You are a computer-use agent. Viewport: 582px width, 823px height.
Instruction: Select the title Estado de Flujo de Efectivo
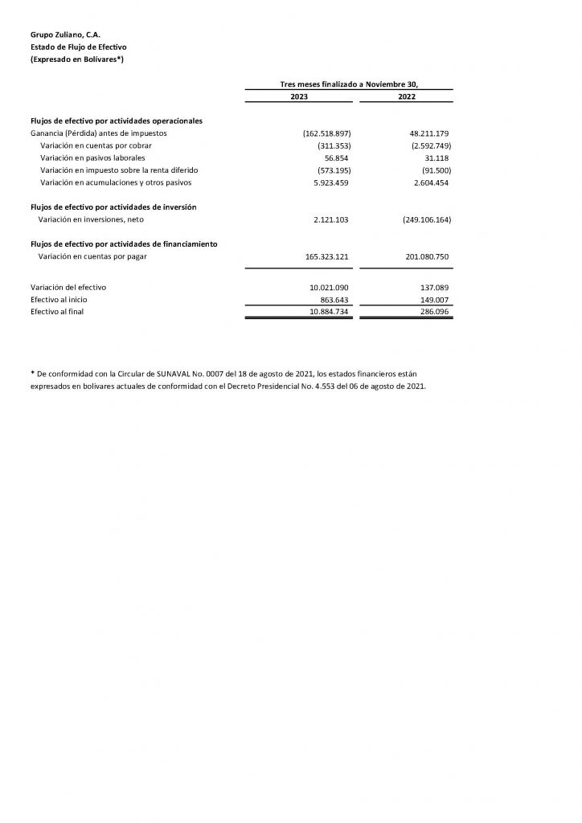[x=73, y=48]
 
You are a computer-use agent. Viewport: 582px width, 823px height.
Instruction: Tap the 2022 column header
[x=405, y=96]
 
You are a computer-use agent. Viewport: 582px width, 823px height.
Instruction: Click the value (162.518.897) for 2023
[x=326, y=133]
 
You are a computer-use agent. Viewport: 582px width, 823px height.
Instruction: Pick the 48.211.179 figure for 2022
[x=429, y=133]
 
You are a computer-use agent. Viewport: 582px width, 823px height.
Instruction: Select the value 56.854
[x=336, y=158]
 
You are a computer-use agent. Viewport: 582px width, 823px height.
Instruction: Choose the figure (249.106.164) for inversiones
[x=421, y=219]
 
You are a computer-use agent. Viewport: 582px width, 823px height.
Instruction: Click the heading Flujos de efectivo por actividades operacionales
[x=116, y=120]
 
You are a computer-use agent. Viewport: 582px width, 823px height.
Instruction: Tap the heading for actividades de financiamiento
[x=123, y=243]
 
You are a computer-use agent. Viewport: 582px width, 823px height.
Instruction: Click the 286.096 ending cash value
[x=434, y=312]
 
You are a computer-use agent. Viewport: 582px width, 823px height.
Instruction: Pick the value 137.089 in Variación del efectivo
[x=434, y=287]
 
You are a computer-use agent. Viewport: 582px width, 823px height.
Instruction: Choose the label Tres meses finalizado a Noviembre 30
[x=349, y=84]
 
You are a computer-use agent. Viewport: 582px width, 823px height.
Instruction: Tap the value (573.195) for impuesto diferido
[x=334, y=170]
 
